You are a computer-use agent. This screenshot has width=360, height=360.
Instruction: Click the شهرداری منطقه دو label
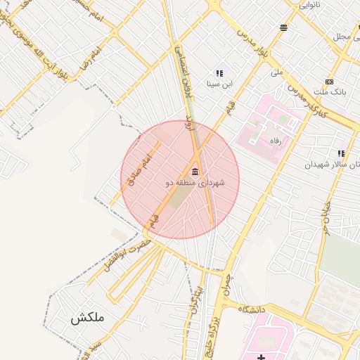195,183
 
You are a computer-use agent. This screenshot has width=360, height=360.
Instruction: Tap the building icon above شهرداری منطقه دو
195,172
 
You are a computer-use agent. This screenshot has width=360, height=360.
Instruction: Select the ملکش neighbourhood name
87,318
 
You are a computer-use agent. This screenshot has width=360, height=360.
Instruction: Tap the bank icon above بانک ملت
329,82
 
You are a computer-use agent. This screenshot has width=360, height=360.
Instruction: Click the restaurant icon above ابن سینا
219,72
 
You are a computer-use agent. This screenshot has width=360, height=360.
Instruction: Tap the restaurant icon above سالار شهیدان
341,153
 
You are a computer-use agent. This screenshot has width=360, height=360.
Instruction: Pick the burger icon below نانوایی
283,28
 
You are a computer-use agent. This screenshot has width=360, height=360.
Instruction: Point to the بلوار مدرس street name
254,43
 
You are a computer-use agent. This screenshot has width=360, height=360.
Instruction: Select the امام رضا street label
89,56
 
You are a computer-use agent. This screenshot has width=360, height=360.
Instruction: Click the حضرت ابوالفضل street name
127,255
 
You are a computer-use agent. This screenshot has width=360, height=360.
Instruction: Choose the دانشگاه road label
252,309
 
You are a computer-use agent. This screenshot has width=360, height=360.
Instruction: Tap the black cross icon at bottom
262,356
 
